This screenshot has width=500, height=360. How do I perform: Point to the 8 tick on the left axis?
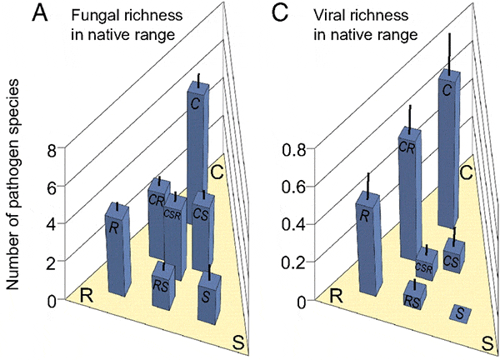[52, 151]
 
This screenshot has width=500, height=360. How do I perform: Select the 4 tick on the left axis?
[52, 224]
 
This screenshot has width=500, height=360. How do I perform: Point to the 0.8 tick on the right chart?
[291, 151]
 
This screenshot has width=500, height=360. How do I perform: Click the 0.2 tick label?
[291, 262]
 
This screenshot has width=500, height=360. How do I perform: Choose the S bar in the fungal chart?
[208, 296]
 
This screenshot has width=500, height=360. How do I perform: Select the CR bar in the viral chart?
[408, 192]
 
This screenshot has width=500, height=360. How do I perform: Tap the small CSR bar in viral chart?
[425, 265]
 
